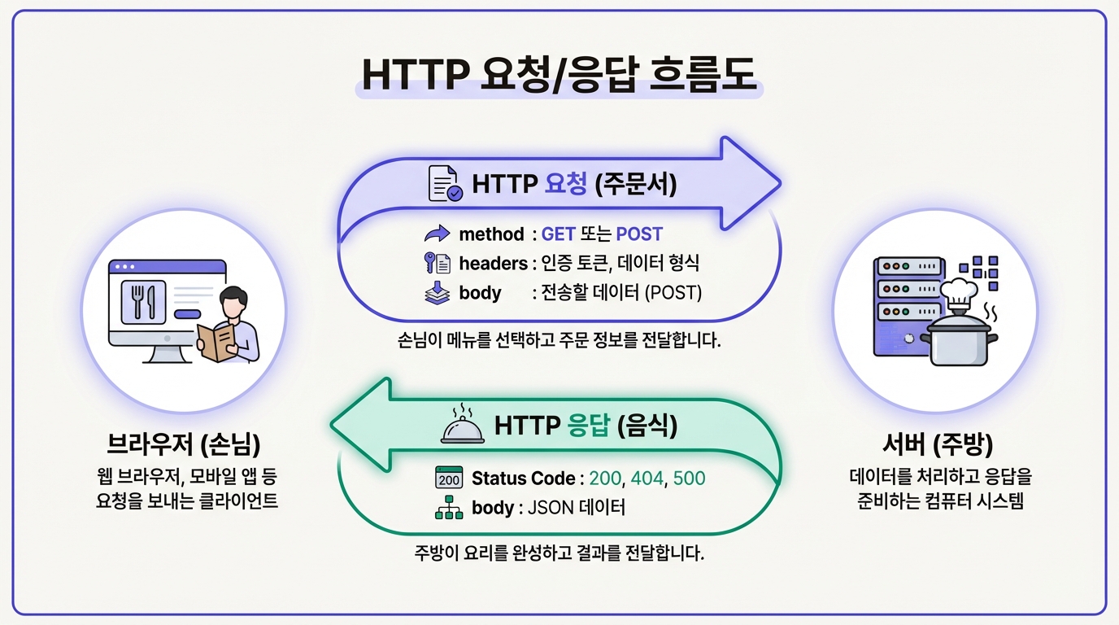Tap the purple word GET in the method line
coord(559,234)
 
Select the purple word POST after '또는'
coord(639,234)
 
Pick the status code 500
coord(689,478)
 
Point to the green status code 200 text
coord(604,478)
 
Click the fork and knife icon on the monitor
coord(143,300)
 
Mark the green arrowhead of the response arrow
coord(358,425)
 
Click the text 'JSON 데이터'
coord(577,509)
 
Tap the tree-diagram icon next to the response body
coord(449,509)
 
